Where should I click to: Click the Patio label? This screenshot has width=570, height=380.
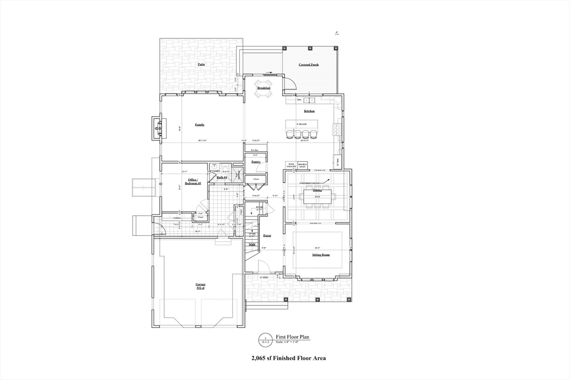(201, 65)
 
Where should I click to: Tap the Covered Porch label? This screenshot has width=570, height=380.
(308, 65)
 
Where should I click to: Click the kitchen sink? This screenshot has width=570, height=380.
(309, 101)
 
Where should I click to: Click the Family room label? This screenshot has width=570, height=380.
(199, 125)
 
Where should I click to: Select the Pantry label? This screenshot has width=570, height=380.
(256, 162)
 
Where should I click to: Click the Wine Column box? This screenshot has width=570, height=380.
(291, 165)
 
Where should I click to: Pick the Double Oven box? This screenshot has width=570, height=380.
(303, 165)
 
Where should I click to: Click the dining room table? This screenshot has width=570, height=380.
(317, 196)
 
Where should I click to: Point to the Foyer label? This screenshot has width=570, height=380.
(267, 236)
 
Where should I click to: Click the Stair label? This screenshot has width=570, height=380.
(252, 244)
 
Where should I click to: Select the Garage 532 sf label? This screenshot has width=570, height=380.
(200, 286)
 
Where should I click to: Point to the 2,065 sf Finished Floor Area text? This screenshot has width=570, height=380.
(288, 358)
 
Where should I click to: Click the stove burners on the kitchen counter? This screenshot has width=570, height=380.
(336, 129)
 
